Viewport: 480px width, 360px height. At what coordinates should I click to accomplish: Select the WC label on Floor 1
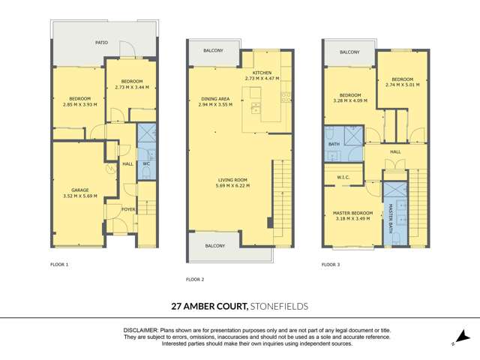tap(147, 163)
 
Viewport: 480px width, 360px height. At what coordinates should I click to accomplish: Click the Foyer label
tap(129, 210)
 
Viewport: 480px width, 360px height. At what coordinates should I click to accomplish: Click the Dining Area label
tap(216, 99)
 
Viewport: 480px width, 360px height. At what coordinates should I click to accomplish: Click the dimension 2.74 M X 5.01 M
tap(403, 85)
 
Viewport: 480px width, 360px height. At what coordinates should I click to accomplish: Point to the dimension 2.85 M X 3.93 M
tap(80, 105)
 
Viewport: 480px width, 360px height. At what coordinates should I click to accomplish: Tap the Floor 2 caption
tap(194, 280)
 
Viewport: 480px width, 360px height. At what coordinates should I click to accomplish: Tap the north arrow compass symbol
tap(462, 339)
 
